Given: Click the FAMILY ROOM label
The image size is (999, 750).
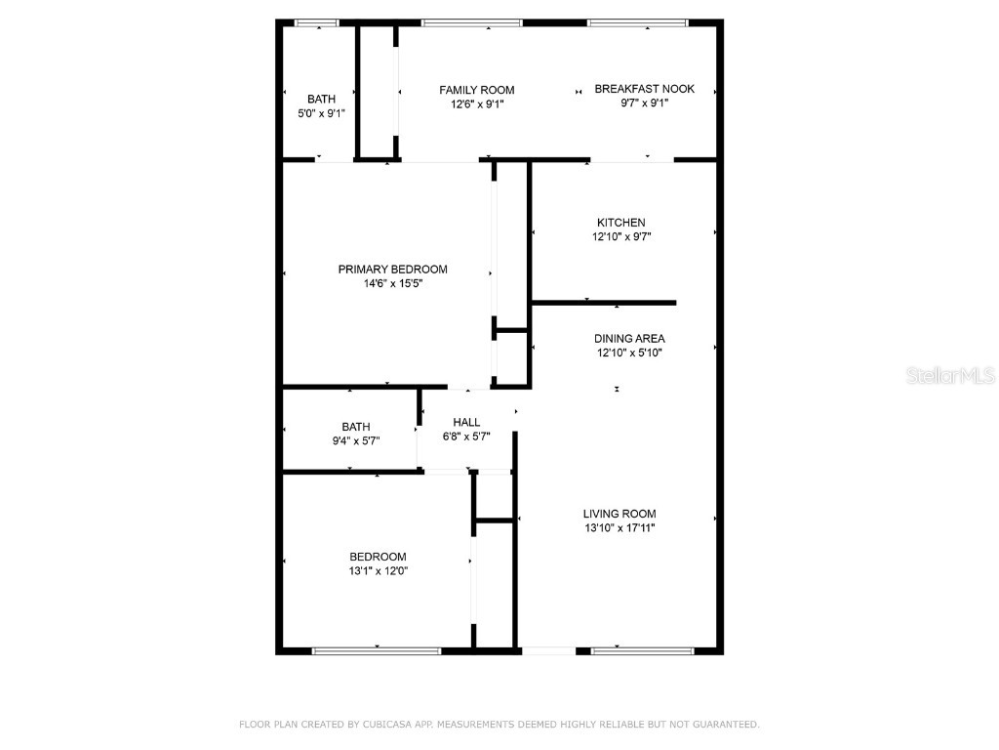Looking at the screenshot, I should coord(476,90).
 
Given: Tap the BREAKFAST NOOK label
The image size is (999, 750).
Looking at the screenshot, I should coord(645,89).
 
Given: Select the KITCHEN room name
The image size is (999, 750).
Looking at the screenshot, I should coord(621,223).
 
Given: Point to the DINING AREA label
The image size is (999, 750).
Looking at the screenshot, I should coord(629,339).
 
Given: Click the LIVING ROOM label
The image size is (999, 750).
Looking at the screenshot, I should coord(619,514).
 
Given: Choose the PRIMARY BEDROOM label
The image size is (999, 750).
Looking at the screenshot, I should coord(392,270).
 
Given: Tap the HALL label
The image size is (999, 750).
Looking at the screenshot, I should coord(466,423).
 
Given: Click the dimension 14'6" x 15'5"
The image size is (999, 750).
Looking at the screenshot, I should coord(392,284).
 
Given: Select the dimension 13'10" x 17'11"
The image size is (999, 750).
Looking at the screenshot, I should coord(619,528).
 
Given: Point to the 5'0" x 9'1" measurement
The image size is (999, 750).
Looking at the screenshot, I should coord(321,113).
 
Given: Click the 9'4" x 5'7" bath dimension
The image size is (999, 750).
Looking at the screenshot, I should coord(355,440).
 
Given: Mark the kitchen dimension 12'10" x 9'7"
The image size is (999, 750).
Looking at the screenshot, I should coord(621,236).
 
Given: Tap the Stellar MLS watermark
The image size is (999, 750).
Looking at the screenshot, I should coord(949,375).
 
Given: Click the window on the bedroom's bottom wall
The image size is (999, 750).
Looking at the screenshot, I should coord(377,649).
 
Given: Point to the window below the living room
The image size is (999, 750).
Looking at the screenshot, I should coord(642,649).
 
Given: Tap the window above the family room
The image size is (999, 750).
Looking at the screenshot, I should coord(471,22).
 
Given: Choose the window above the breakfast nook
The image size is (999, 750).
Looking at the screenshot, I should coord(638,22).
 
